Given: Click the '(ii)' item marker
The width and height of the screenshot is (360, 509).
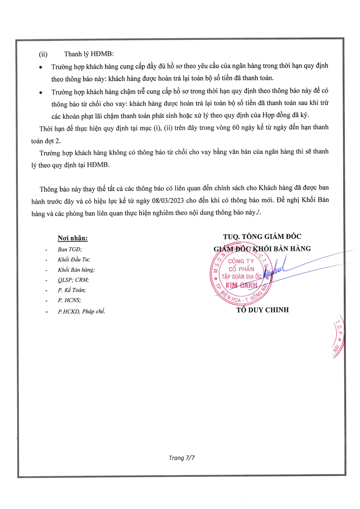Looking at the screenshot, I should coord(43,54).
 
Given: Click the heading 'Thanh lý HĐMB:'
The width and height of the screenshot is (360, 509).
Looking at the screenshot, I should coord(89,54).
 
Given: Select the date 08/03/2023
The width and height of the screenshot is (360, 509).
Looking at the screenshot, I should coord(169,200).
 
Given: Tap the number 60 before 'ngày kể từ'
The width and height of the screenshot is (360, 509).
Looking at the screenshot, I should coord(236,128).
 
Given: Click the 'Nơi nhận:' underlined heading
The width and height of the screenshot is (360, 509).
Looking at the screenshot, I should coord(73,238).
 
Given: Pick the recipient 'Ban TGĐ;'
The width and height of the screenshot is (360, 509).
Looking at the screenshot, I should coord(70,249).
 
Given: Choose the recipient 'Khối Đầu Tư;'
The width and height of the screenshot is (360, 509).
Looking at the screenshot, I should coord(74,259).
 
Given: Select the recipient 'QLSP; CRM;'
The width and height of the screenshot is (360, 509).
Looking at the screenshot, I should coord(73,280).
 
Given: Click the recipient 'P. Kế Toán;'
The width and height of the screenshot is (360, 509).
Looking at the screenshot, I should coord(72,290).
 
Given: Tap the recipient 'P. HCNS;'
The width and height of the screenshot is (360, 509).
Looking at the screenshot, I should coord(69,300).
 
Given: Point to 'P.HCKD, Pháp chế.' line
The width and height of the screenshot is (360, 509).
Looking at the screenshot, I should coord(81,311).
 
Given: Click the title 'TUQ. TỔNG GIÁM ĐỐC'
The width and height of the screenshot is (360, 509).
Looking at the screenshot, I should coord(262,237).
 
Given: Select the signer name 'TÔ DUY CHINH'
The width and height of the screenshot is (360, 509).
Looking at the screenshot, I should coord(262,310).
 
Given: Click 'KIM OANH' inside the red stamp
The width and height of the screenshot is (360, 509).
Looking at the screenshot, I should coord(241,285).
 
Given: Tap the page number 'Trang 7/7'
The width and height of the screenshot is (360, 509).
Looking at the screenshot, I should coord(181,458).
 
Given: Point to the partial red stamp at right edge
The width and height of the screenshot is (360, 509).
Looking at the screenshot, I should coord(338,336).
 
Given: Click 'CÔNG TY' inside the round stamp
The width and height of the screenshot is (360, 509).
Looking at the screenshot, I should coord(241,261).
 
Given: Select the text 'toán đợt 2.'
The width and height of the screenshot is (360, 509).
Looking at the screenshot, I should coord(46,141).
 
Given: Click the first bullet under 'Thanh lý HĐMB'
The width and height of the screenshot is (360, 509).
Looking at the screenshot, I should coord(40,67).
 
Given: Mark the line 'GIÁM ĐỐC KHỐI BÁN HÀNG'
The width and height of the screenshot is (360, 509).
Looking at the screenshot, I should coord(262,249).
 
